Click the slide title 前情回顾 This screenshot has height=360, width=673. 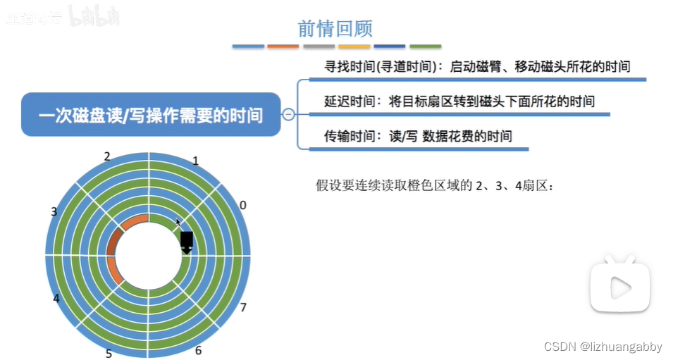pyautogui.click(x=335, y=28)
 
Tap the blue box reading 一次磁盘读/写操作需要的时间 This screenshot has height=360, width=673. pyautogui.click(x=150, y=115)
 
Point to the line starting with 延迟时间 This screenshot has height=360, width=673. pyautogui.click(x=459, y=101)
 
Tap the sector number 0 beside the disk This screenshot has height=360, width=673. pyautogui.click(x=243, y=205)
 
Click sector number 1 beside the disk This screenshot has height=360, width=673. pyautogui.click(x=195, y=161)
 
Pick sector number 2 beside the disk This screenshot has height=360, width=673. pyautogui.click(x=107, y=156)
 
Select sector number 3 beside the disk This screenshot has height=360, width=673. pyautogui.click(x=54, y=211)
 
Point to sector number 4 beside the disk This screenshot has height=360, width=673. pyautogui.click(x=56, y=298)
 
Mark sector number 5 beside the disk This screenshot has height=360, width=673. pyautogui.click(x=109, y=353)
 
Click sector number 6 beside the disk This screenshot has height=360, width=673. pyautogui.click(x=198, y=350)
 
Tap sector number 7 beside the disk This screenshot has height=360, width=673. pyautogui.click(x=243, y=307)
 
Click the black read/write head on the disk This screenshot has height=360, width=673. pyautogui.click(x=187, y=242)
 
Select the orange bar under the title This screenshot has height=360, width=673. pyautogui.click(x=283, y=46)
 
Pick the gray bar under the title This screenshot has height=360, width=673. pyautogui.click(x=319, y=46)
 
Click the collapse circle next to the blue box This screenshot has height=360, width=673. pyautogui.click(x=288, y=114)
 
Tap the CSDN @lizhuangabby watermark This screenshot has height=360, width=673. pyautogui.click(x=603, y=347)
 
